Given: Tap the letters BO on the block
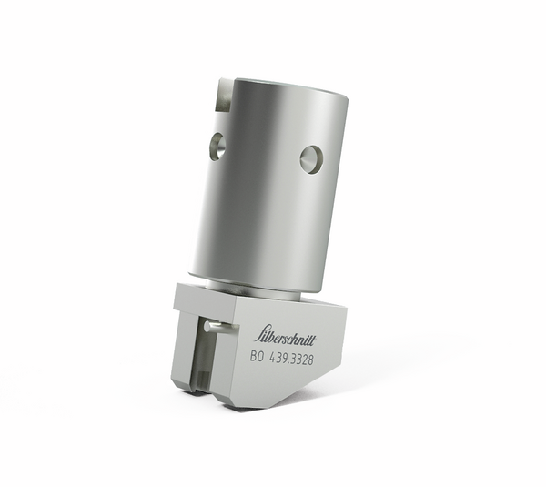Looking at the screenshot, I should click(x=258, y=357).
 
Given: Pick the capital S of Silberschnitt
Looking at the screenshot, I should click(x=259, y=330).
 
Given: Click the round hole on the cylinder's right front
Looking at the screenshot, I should click(x=310, y=159).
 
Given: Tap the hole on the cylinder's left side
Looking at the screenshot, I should click(x=217, y=146).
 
